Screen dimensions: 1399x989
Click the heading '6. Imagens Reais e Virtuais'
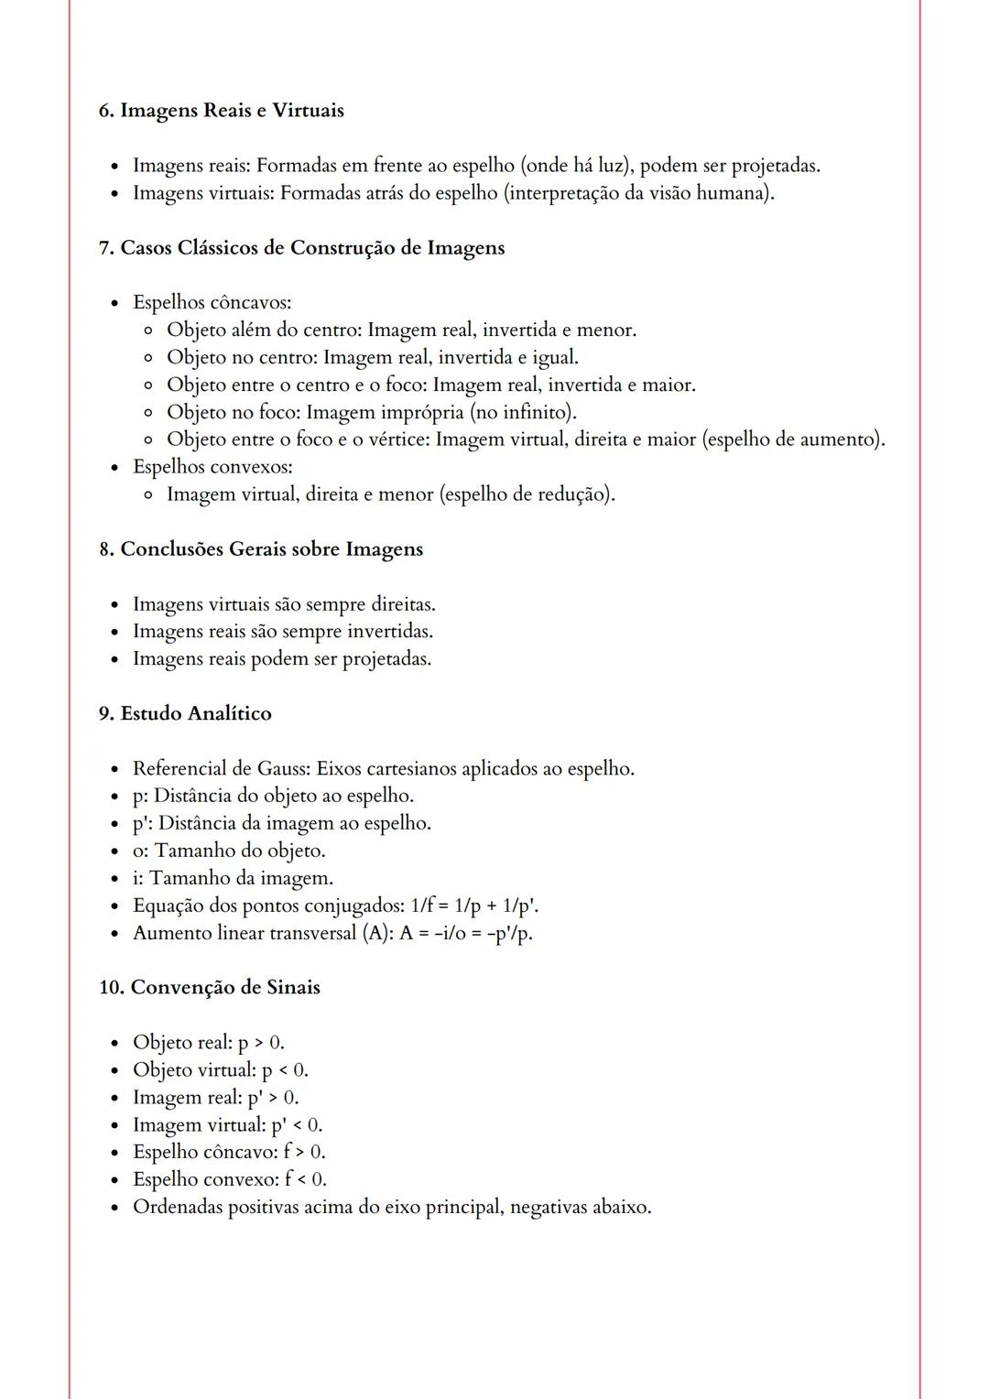click(221, 111)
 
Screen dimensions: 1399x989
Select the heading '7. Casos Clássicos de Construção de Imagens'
click(301, 248)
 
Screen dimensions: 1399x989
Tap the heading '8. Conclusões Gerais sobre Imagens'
click(261, 549)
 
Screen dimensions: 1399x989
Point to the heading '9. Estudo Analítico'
click(185, 713)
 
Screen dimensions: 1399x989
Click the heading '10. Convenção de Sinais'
click(210, 988)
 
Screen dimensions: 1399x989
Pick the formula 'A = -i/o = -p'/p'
click(465, 933)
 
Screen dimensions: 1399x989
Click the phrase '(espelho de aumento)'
click(793, 439)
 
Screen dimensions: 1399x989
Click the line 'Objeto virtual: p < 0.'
click(220, 1070)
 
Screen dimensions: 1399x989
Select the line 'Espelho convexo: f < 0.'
click(229, 1179)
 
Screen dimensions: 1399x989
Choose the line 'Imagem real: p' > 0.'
click(215, 1098)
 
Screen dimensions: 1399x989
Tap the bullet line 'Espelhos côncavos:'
click(212, 302)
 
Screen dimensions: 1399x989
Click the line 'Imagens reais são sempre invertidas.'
click(283, 632)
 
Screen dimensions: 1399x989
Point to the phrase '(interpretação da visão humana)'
click(638, 193)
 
